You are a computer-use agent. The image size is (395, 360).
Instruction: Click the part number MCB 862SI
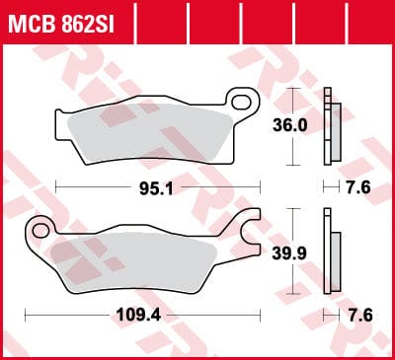click(x=61, y=24)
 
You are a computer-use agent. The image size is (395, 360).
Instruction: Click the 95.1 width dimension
click(x=156, y=188)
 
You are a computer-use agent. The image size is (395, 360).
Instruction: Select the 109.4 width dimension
click(x=138, y=316)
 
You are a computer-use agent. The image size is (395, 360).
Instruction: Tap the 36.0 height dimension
click(x=290, y=125)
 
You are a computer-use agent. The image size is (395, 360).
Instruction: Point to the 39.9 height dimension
click(x=289, y=253)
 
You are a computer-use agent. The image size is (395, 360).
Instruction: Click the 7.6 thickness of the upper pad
click(x=358, y=188)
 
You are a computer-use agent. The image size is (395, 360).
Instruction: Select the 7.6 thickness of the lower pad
click(x=360, y=316)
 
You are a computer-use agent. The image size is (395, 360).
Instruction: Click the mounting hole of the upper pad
click(x=241, y=103)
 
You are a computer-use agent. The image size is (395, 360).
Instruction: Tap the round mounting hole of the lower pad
click(x=40, y=231)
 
